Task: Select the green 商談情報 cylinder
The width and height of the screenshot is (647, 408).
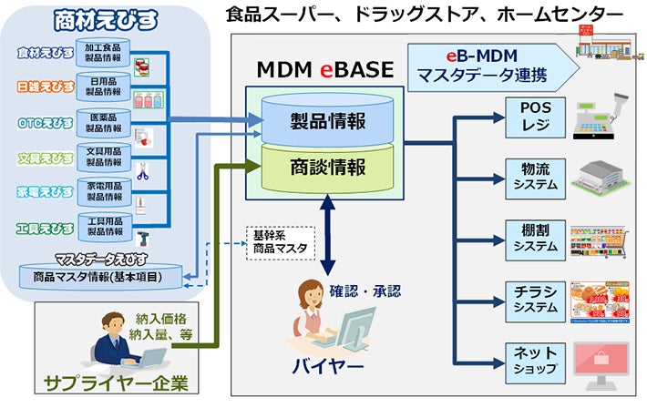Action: [326, 168]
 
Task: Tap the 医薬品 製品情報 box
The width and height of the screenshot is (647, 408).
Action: [104, 123]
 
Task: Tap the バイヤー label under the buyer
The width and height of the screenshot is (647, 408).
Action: [327, 368]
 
